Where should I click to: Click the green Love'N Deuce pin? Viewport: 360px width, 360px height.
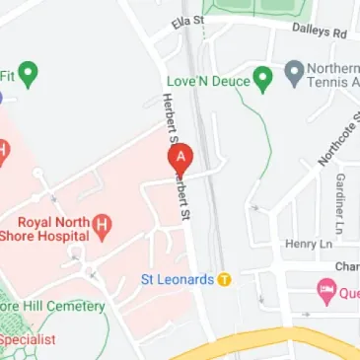click(262, 76)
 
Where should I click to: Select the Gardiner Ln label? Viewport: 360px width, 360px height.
click(339, 197)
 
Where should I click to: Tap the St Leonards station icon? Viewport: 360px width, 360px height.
click(225, 279)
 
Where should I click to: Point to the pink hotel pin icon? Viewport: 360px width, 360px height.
click(325, 291)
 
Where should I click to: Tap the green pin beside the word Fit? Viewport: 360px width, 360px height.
click(30, 72)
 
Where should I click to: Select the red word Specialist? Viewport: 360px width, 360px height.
click(28, 339)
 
